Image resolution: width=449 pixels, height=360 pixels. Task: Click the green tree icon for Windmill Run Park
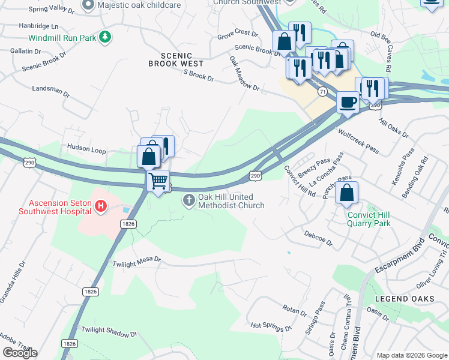105,37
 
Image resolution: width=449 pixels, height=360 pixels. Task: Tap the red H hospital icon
101,207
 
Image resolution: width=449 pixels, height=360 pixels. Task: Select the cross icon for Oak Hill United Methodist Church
188,200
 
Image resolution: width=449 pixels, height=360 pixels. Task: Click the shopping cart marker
158,181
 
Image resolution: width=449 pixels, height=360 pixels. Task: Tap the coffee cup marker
347,102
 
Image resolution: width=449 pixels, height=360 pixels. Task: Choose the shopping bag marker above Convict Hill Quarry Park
346,193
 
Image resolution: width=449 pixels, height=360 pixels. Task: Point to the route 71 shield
323,91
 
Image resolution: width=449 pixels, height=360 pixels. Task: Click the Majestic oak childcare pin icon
88,5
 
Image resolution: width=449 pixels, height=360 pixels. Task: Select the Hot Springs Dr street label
271,326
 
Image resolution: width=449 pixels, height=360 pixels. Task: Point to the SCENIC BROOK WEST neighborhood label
176,63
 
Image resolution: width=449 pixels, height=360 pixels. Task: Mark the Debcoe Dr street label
318,238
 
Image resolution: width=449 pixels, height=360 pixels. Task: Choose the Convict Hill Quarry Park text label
369,219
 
